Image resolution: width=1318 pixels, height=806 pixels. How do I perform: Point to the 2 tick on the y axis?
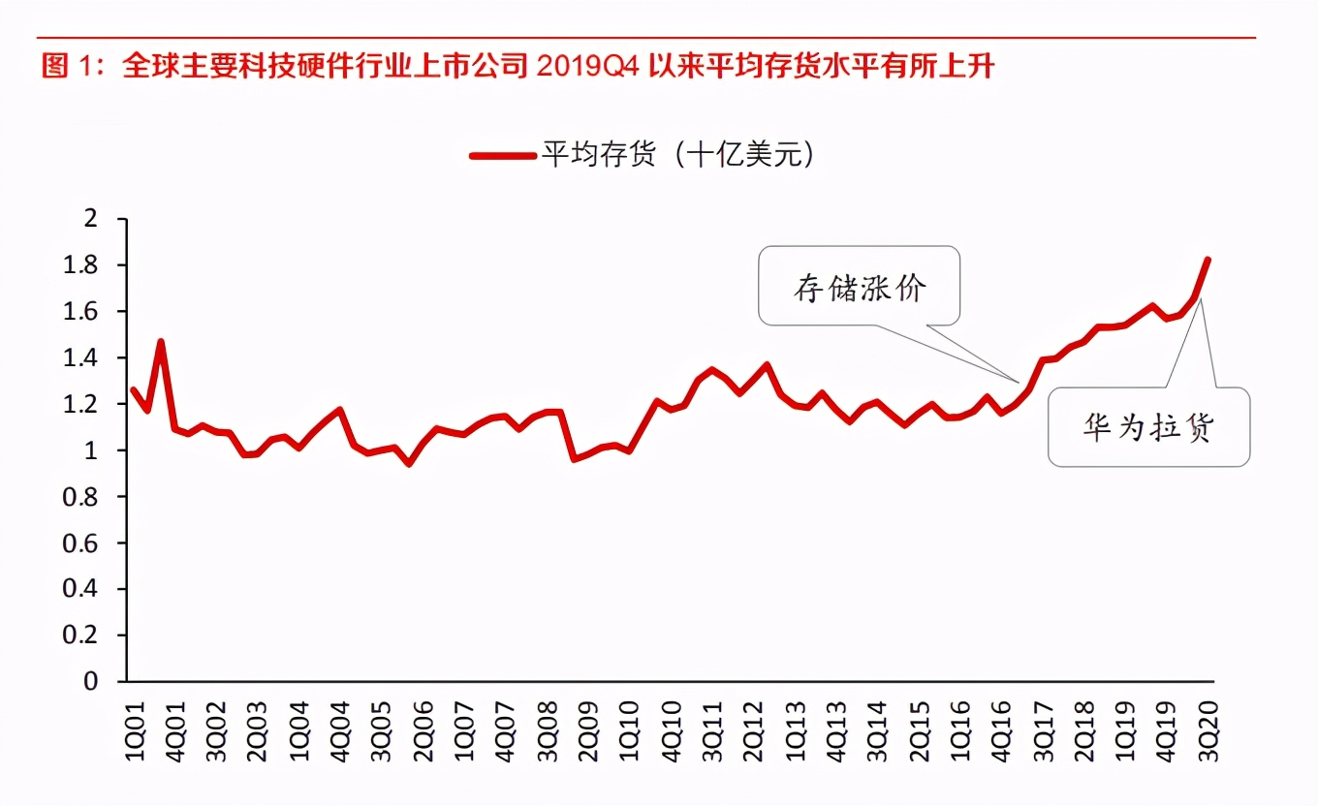point(93,219)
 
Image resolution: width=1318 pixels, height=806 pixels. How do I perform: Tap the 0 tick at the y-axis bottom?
point(93,681)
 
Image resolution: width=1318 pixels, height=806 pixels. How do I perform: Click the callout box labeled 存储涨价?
point(860,286)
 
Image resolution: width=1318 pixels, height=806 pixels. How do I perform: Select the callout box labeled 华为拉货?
point(1148,427)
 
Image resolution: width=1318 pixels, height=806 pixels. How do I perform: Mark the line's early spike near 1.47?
point(161,342)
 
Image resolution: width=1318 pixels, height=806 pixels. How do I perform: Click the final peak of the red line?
point(1208,260)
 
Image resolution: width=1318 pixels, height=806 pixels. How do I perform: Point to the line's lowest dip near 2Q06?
point(409,463)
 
